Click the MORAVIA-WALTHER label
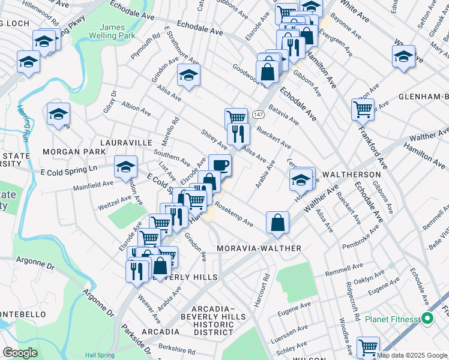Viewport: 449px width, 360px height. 259,248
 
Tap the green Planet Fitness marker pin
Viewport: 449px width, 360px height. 427,319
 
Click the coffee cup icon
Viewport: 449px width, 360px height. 220,164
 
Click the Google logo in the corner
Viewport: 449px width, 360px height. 20,353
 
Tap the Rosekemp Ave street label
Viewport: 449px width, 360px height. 234,217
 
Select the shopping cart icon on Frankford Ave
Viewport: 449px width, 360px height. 363,109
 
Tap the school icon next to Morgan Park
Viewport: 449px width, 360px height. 58,114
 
